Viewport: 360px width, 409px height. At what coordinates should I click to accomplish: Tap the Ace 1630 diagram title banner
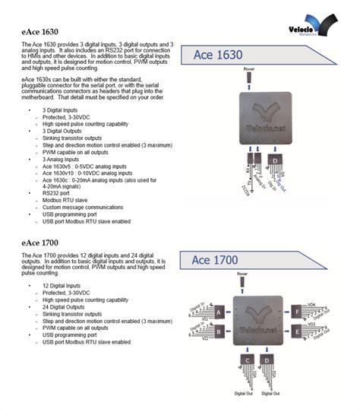[219, 55]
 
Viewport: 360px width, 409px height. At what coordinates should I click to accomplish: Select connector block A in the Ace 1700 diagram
[219, 312]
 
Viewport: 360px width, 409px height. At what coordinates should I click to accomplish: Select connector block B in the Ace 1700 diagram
[219, 331]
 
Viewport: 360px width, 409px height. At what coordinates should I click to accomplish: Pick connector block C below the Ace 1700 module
[248, 360]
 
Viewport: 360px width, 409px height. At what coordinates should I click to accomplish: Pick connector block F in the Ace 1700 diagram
[297, 312]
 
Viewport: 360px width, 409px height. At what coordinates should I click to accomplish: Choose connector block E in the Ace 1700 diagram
[297, 331]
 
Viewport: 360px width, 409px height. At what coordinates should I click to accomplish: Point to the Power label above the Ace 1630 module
[249, 69]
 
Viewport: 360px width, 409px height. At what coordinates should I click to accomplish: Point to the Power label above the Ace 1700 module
[242, 273]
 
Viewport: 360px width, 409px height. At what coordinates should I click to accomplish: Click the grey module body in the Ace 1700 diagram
[258, 322]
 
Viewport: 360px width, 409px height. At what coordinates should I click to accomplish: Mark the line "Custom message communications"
[84, 207]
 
